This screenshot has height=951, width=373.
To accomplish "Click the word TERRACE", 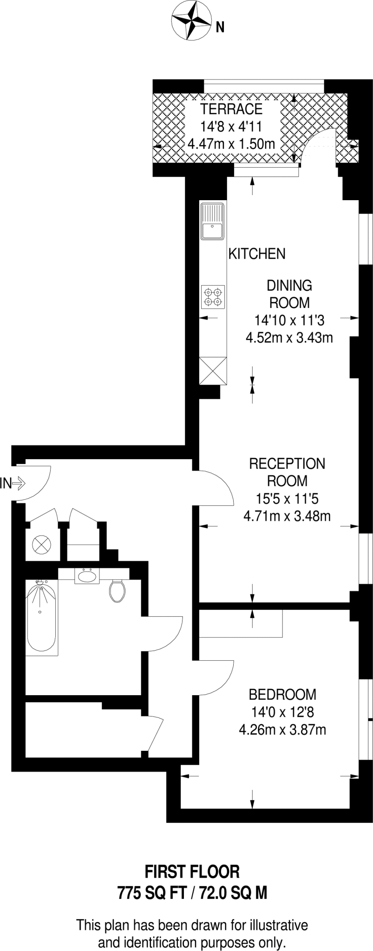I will [x=231, y=109].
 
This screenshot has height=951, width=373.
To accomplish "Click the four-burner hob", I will [x=213, y=297].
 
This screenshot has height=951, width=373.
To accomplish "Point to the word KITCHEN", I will [x=257, y=254].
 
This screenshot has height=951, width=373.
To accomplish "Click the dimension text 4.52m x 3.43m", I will [x=289, y=337].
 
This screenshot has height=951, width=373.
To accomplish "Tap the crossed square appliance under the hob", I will [x=213, y=371].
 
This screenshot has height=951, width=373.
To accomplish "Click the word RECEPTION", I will [x=287, y=463].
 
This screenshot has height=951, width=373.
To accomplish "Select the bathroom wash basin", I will [x=87, y=576].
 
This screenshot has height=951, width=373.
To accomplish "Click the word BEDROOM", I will [x=282, y=695].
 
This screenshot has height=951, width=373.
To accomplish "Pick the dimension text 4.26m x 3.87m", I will [x=282, y=730].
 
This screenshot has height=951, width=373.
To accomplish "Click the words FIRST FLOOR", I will [x=192, y=872].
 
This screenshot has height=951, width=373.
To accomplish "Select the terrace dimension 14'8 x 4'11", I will [x=231, y=126].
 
